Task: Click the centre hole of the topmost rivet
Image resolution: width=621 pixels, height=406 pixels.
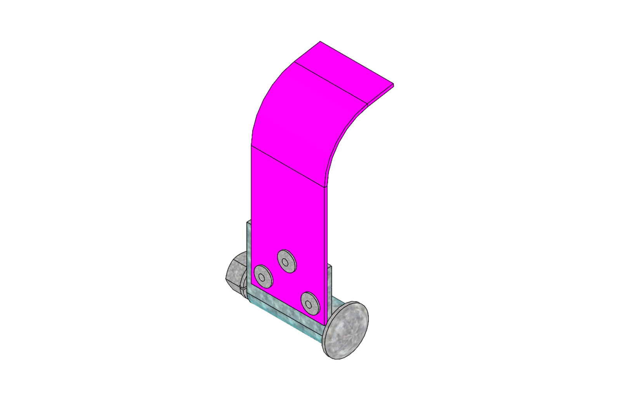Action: [x=285, y=263]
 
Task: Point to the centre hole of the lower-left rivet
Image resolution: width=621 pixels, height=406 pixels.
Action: [x=262, y=277]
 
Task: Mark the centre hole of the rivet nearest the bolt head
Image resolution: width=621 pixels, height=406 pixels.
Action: [x=308, y=303]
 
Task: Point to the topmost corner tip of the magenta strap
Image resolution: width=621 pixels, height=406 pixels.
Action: [x=320, y=41]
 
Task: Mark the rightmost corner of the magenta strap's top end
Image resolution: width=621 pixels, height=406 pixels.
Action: [x=393, y=85]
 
